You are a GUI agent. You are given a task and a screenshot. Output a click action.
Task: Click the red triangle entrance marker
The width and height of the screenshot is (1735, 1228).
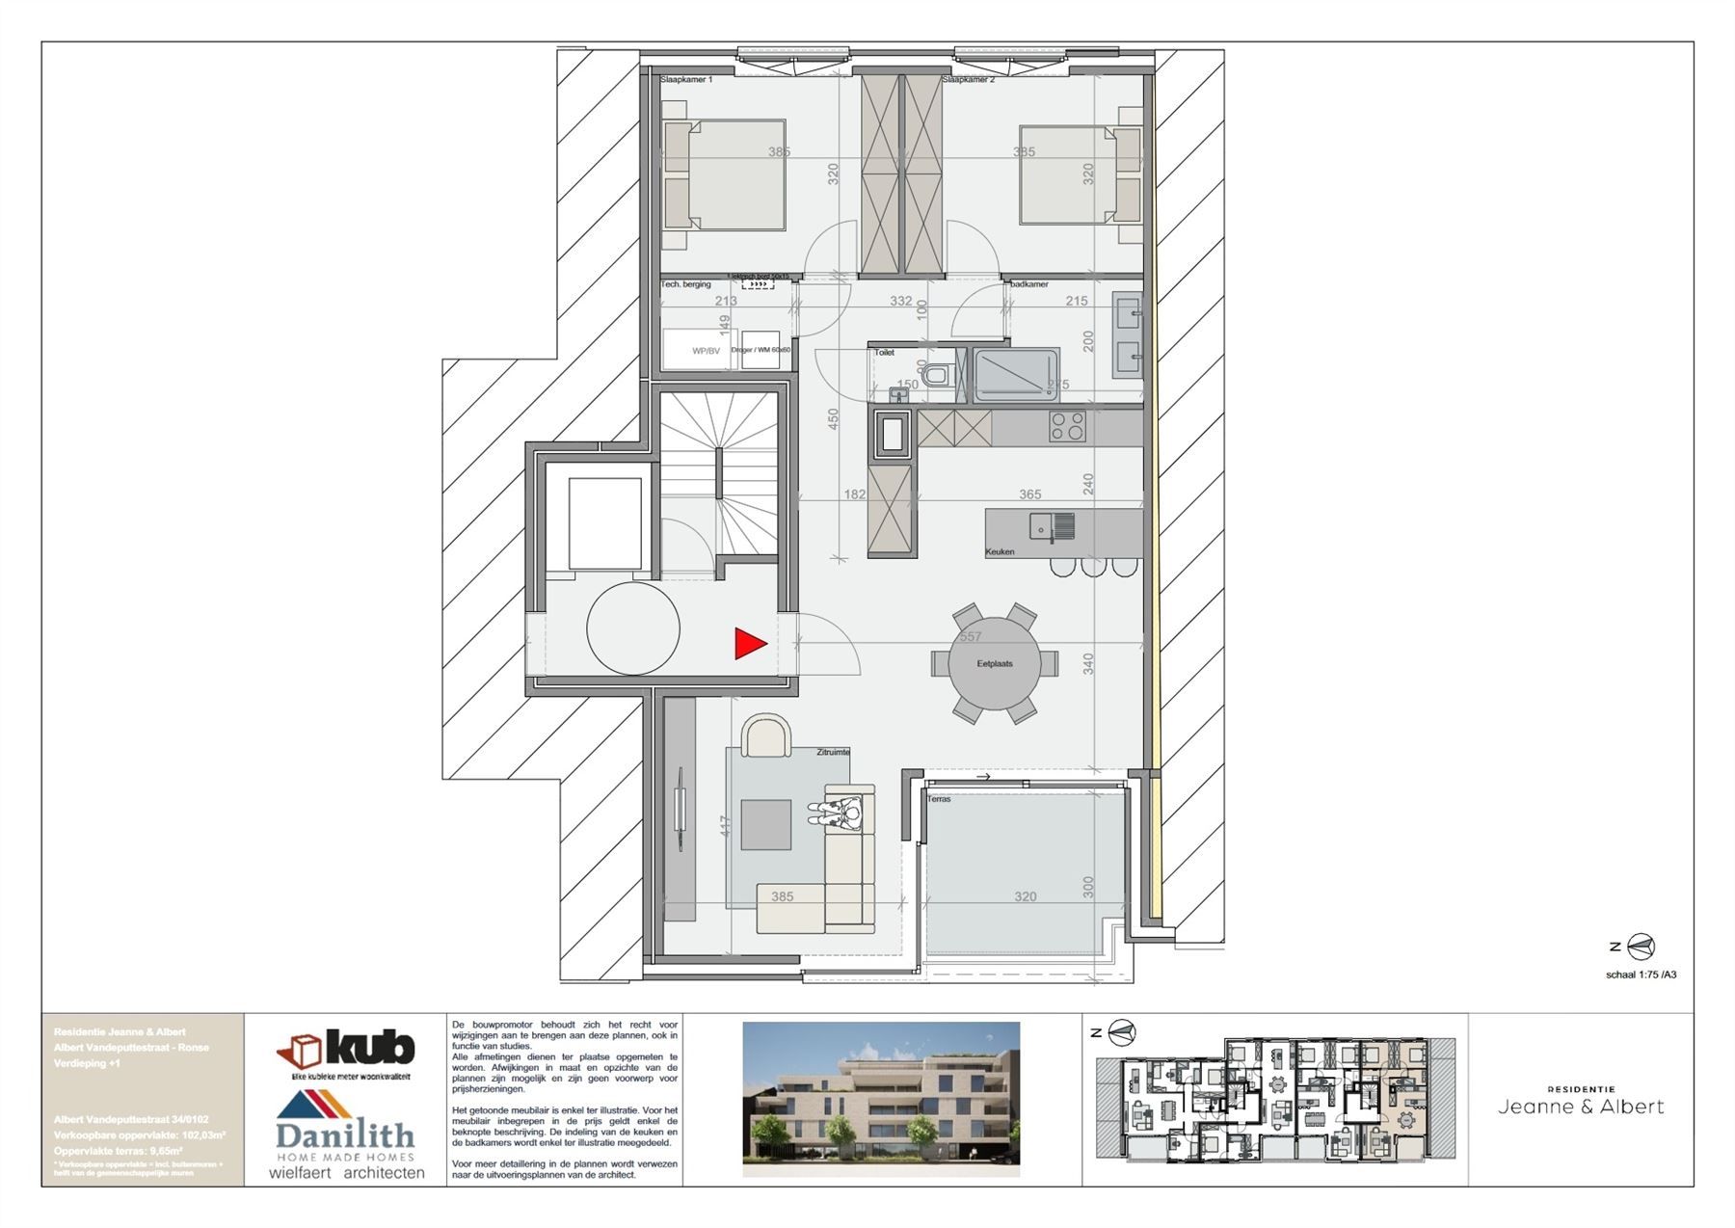tap(749, 644)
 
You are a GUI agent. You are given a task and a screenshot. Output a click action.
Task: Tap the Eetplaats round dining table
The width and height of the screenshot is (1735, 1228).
tap(995, 664)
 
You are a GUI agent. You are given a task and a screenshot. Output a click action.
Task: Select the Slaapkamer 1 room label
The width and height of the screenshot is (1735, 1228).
tap(686, 80)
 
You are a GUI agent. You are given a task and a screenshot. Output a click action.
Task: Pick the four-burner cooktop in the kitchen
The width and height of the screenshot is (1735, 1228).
tap(1067, 426)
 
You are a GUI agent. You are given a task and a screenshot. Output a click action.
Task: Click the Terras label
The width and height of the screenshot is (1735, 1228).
tap(939, 799)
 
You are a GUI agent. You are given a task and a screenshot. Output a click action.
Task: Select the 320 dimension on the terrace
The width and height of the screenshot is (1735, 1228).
tap(1025, 896)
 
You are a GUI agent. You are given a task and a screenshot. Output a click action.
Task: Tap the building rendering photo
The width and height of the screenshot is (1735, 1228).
tap(881, 1099)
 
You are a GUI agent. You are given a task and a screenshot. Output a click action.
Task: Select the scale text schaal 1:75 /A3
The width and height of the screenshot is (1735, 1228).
tap(1641, 974)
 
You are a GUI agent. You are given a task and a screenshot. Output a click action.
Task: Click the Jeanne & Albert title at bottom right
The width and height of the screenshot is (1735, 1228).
tap(1581, 1107)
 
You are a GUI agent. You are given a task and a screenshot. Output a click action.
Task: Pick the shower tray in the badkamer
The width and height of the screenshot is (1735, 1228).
tap(1015, 375)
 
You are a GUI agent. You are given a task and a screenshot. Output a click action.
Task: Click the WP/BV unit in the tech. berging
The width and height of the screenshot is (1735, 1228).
tap(706, 351)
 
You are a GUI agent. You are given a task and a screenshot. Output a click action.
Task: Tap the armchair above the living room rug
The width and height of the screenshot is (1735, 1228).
tap(766, 737)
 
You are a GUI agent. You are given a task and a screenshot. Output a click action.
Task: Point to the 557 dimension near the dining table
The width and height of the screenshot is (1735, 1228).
tap(970, 637)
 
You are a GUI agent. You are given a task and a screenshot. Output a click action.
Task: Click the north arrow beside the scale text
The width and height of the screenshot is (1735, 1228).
tap(1641, 948)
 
